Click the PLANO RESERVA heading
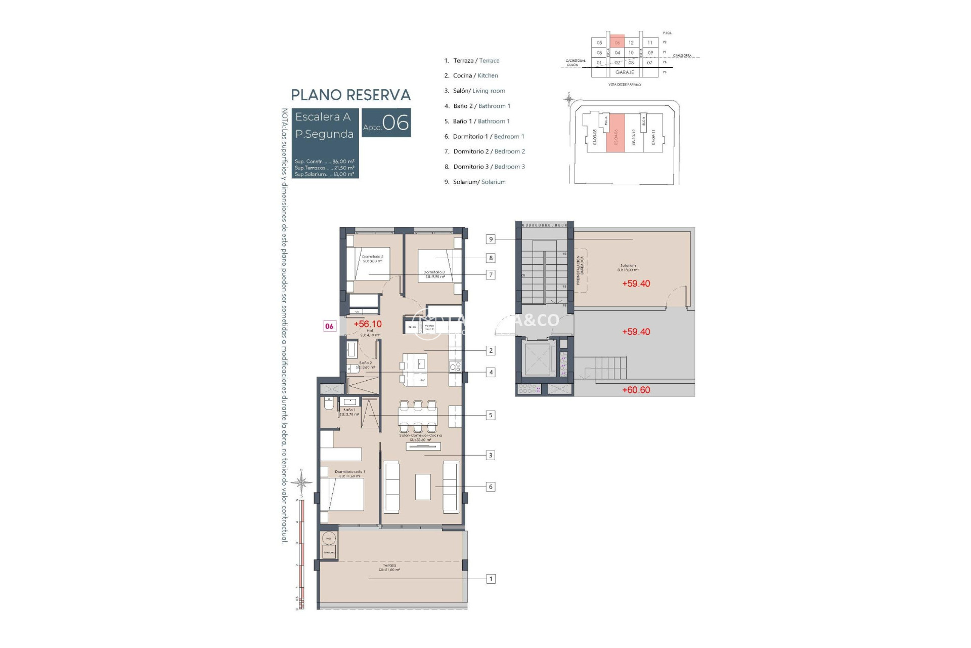350,95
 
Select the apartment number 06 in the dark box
395,123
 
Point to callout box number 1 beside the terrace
490,579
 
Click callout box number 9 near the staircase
490,239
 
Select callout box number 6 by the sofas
490,487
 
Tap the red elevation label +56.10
368,324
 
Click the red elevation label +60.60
636,390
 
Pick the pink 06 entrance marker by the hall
329,327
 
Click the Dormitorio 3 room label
434,274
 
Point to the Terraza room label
389,568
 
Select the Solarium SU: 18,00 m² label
628,268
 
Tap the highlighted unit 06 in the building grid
617,43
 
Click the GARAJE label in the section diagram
625,72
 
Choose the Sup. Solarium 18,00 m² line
324,174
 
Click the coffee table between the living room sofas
423,487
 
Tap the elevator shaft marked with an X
538,359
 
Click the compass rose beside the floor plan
301,482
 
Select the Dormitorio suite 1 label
349,473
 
